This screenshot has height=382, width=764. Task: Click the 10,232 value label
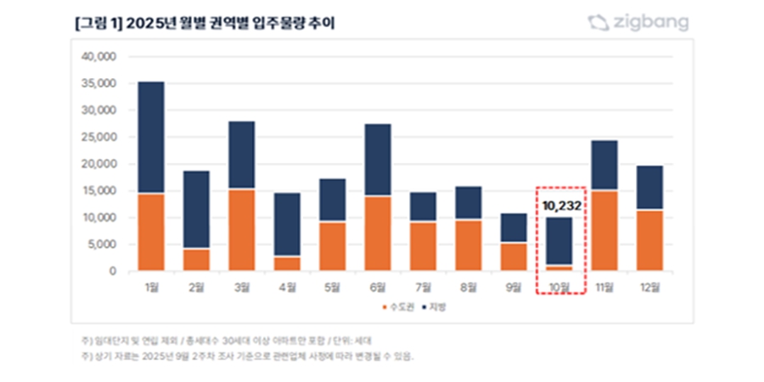(560, 205)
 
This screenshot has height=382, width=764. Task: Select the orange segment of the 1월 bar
(151, 232)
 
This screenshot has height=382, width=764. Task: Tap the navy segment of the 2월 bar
(195, 210)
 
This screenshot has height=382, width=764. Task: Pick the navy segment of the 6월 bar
(378, 160)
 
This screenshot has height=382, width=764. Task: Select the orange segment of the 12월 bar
(649, 240)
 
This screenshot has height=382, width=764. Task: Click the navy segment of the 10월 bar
(559, 241)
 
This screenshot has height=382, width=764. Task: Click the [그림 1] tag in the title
(98, 24)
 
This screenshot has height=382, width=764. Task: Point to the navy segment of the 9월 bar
(514, 228)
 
